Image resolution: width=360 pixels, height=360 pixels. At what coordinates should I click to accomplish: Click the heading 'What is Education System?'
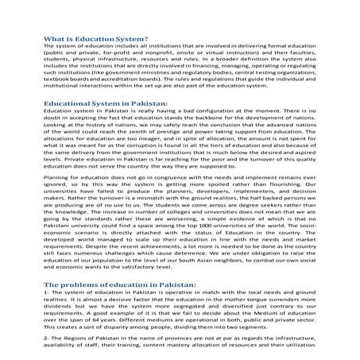[95, 38]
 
